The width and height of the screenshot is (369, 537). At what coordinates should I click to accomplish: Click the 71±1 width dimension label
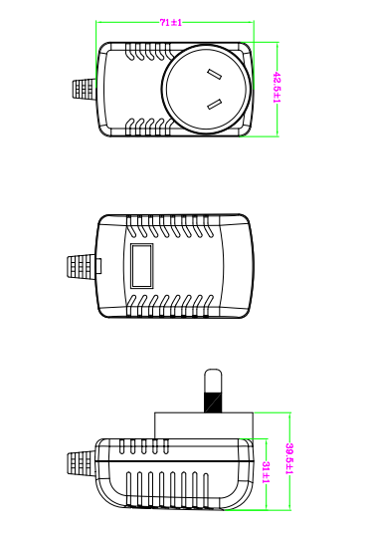pos(171,23)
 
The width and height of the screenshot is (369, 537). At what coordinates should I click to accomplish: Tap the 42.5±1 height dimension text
pos(277,88)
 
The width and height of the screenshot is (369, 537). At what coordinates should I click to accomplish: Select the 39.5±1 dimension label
pos(289,459)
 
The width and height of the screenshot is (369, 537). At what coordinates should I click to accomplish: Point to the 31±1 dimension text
pos(266,472)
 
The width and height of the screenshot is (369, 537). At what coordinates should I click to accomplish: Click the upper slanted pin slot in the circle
pos(214,74)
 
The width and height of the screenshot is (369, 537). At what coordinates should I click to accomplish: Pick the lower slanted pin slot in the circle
pos(215,104)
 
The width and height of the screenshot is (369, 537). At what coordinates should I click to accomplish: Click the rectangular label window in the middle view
pos(142,265)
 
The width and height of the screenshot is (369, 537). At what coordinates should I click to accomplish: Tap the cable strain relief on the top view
pos(84,90)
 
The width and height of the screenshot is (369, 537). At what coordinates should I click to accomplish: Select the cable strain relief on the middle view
pos(81,266)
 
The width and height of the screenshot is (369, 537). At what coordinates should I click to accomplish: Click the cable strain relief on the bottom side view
pos(81,463)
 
